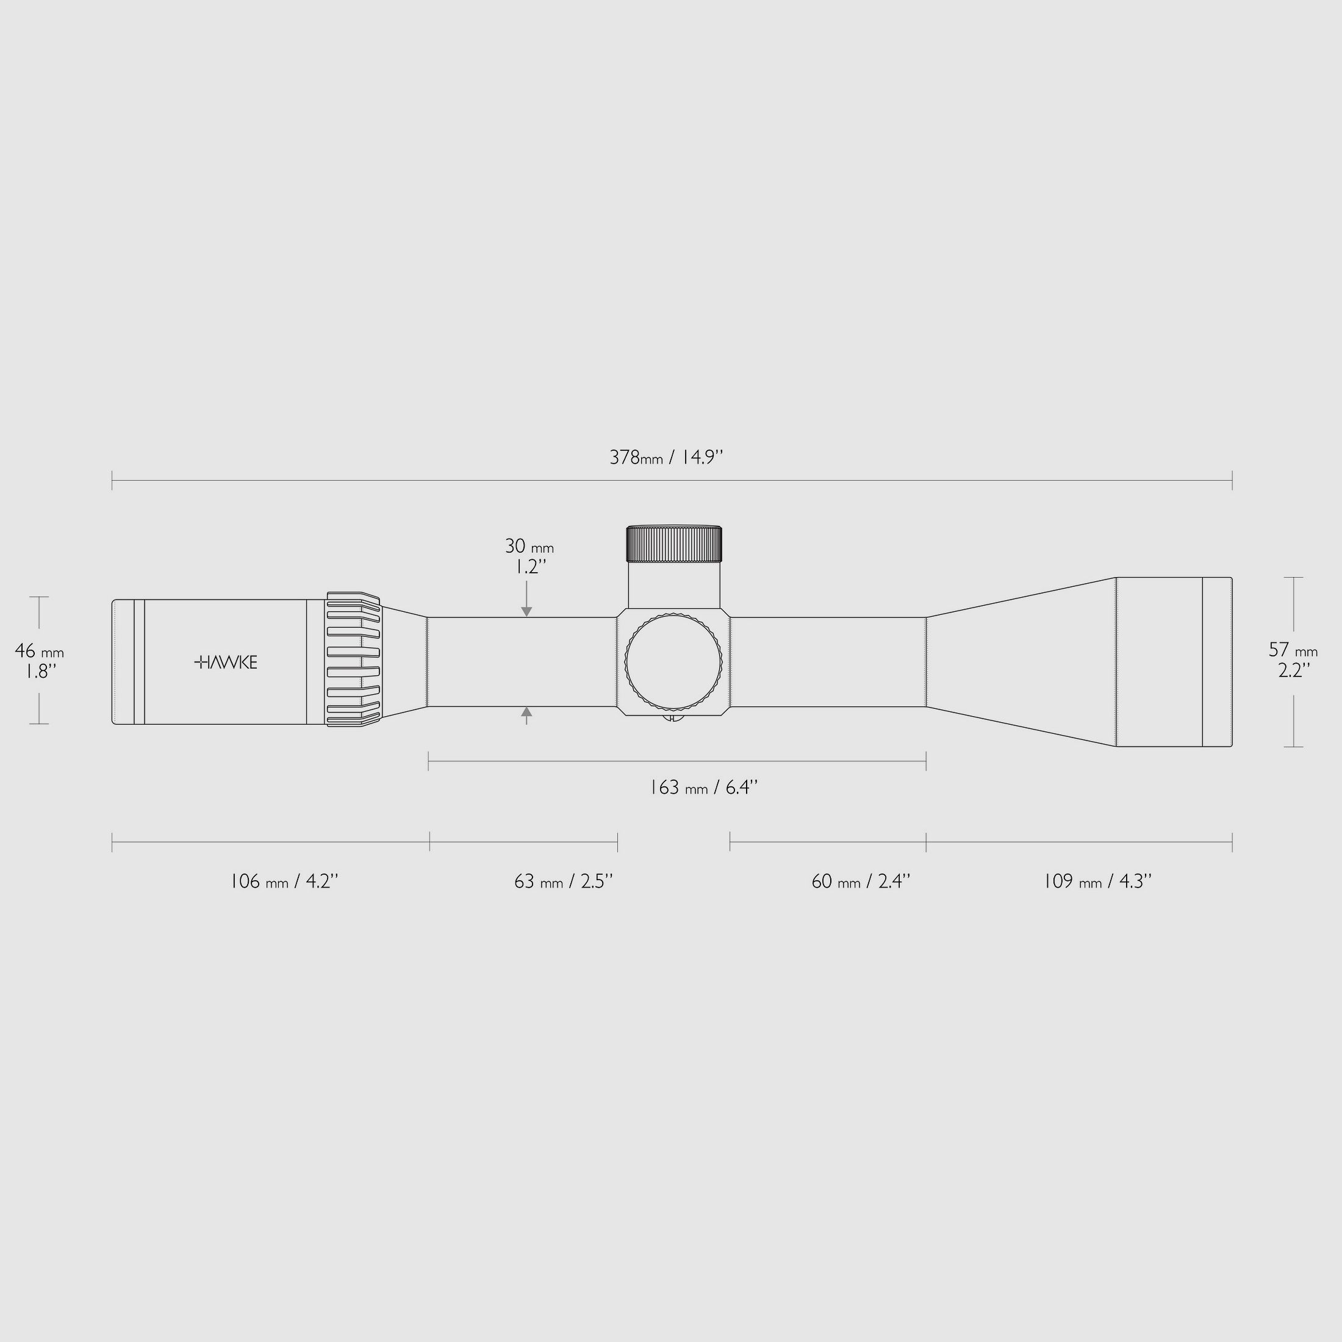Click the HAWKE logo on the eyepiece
pyautogui.click(x=226, y=662)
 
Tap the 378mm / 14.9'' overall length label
pyautogui.click(x=666, y=457)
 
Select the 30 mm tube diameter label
pyautogui.click(x=529, y=547)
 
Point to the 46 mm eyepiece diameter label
pyautogui.click(x=40, y=651)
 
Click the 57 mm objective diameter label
pyautogui.click(x=1293, y=650)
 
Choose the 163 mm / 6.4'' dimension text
pyautogui.click(x=703, y=788)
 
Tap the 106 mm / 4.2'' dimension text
pyautogui.click(x=284, y=881)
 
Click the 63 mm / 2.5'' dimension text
pyautogui.click(x=563, y=881)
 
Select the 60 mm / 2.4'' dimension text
pyautogui.click(x=861, y=881)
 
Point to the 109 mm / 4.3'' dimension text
pyautogui.click(x=1097, y=881)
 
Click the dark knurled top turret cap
pyautogui.click(x=674, y=544)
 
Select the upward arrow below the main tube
pyautogui.click(x=526, y=712)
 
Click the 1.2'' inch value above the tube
pyautogui.click(x=530, y=567)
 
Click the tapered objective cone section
pyautogui.click(x=1021, y=661)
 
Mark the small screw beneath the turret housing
pyautogui.click(x=672, y=720)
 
